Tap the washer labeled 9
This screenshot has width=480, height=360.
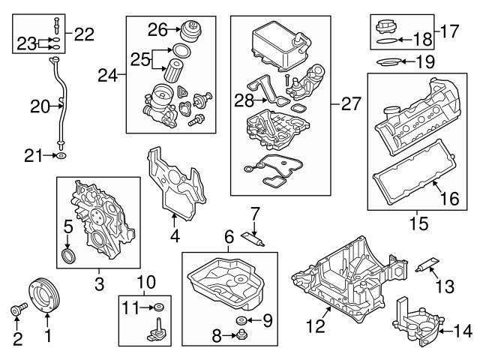pos(244,322)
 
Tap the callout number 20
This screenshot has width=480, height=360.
pos(39,107)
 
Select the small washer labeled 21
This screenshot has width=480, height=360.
pos(62,156)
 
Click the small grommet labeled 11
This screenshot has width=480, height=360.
pos(159,307)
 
